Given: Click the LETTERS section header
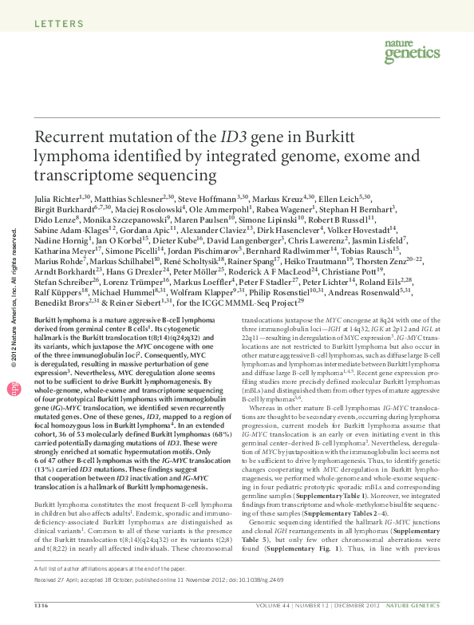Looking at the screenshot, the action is [x=60, y=23].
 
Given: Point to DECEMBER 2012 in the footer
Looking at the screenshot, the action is [x=393, y=605].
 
